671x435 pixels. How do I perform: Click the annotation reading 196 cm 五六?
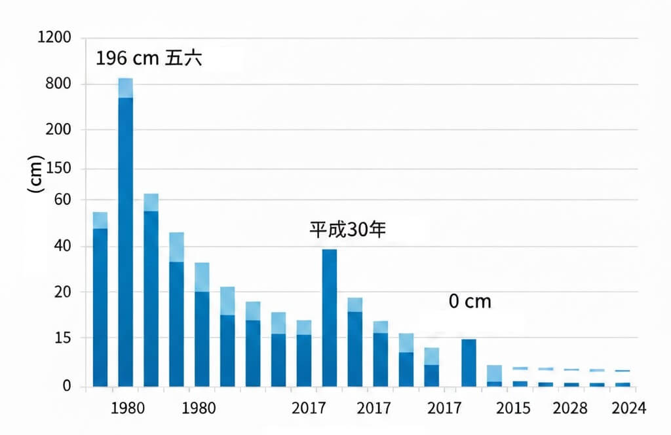pyautogui.click(x=148, y=58)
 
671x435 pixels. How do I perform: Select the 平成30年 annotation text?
pyautogui.click(x=348, y=230)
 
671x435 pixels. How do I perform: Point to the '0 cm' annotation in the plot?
pyautogui.click(x=469, y=302)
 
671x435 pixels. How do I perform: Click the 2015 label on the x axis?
pyautogui.click(x=513, y=408)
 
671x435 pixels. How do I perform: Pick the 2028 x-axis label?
pyautogui.click(x=570, y=408)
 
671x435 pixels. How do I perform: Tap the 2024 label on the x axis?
pyautogui.click(x=628, y=408)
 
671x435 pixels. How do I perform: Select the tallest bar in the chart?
pyautogui.click(x=125, y=242)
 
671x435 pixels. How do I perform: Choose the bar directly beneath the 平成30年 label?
pyautogui.click(x=330, y=317)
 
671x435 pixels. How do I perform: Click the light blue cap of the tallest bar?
pyautogui.click(x=125, y=88)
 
